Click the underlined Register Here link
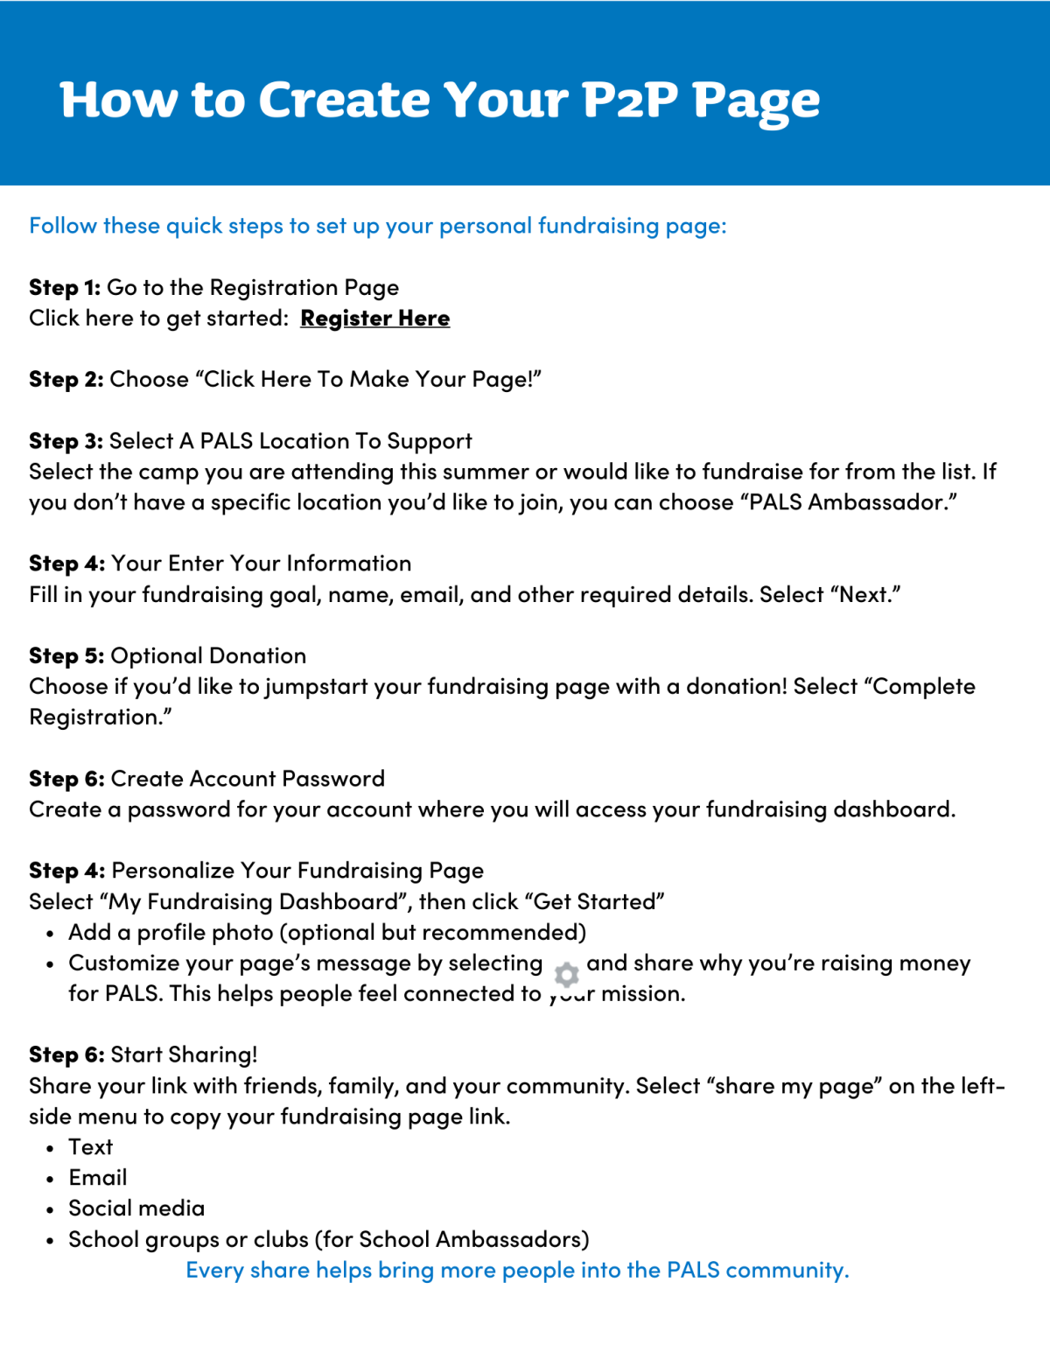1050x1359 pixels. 374,319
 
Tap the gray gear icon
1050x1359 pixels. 566,974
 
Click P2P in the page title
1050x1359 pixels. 630,100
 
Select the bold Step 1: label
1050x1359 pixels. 65,288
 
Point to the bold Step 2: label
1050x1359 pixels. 66,380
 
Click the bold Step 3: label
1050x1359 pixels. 66,441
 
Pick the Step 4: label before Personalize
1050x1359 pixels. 66,871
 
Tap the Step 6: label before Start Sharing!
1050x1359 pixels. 66,1054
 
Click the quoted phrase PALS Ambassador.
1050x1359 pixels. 852,502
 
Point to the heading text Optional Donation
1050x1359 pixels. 208,656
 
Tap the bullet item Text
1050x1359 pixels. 91,1147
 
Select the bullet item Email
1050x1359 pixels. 98,1178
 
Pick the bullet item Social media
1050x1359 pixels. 136,1208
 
